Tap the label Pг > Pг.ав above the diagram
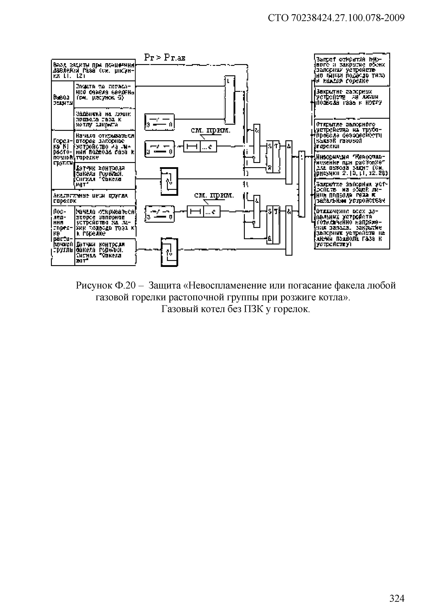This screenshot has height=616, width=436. pos(164,58)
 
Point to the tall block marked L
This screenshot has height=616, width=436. pos(229,100)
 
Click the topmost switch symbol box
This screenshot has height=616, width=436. pos(159,122)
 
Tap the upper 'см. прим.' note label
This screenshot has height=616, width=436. pos(211,131)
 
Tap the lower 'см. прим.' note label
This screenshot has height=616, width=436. pos(214,196)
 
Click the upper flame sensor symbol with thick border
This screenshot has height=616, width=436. pos(169,182)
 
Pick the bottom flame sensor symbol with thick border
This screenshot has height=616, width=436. pos(169,252)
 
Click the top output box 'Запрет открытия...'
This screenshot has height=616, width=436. pos(352,70)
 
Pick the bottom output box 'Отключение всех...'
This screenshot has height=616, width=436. pos(352,227)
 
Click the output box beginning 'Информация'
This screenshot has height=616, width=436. pos(352,165)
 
